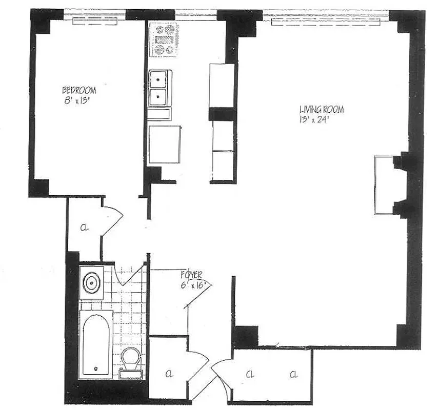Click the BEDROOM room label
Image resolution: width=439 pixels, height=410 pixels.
tap(79, 90)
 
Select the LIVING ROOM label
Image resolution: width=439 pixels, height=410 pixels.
tap(322, 109)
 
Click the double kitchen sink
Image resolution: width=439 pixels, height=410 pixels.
tap(158, 87)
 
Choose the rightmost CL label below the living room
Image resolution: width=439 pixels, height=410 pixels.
tap(293, 374)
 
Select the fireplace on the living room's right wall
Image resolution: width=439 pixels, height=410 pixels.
tap(385, 185)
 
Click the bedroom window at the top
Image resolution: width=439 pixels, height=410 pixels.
tap(97, 20)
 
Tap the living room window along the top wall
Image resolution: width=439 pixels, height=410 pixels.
tap(329, 20)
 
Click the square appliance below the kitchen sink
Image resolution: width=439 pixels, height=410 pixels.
tap(165, 145)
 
